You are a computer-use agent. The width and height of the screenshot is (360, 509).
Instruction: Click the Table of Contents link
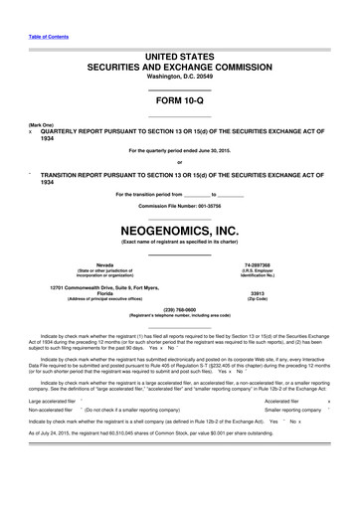click(42, 37)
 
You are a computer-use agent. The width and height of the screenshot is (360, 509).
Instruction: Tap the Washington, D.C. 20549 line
click(179, 77)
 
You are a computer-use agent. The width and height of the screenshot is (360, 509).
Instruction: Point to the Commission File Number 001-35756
click(179, 205)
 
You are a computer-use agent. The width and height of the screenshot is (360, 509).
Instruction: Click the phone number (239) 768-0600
click(179, 308)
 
